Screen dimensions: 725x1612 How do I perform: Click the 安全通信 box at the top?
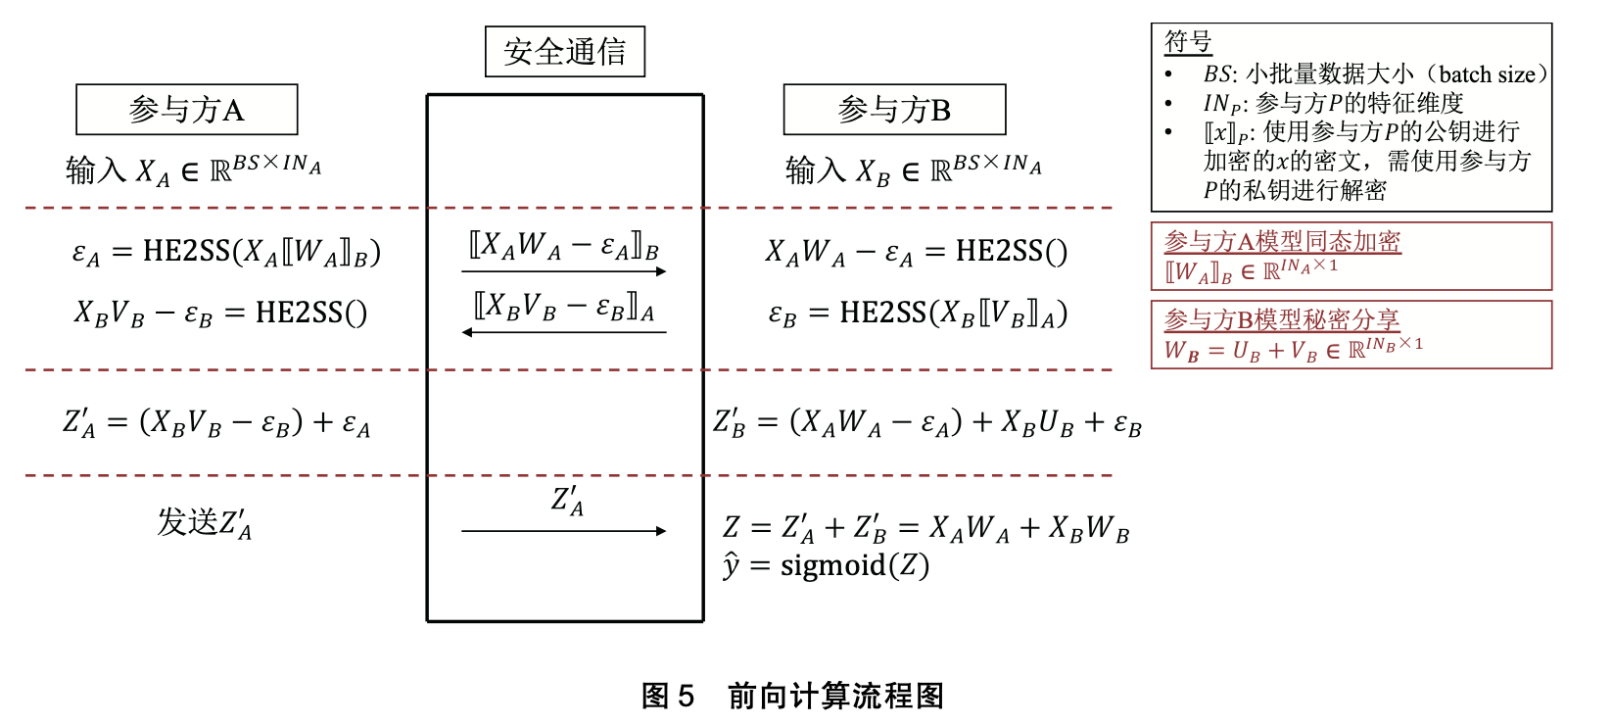click(565, 52)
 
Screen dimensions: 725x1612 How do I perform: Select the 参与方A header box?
click(186, 110)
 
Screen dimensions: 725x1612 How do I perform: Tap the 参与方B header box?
click(894, 110)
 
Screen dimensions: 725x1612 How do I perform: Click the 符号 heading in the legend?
click(1188, 42)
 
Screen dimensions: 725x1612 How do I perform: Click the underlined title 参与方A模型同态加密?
click(1282, 241)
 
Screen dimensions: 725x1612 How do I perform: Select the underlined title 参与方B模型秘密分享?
click(1281, 319)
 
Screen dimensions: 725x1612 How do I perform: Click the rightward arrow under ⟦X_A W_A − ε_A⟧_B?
click(564, 271)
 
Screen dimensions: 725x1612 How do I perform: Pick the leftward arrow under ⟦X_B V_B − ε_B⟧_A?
click(564, 333)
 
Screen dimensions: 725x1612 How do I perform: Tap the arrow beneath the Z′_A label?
click(564, 531)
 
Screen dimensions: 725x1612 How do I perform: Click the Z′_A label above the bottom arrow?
click(567, 501)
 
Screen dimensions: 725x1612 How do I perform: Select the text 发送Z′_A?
click(205, 522)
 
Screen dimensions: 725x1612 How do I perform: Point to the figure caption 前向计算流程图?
click(835, 696)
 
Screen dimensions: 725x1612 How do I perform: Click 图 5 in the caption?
click(667, 696)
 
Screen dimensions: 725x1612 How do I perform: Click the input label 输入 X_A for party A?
click(118, 171)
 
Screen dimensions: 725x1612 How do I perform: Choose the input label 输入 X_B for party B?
click(837, 171)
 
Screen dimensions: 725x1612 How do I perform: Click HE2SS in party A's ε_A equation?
click(186, 252)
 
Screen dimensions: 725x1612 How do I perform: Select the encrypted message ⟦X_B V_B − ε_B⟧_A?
click(564, 308)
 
